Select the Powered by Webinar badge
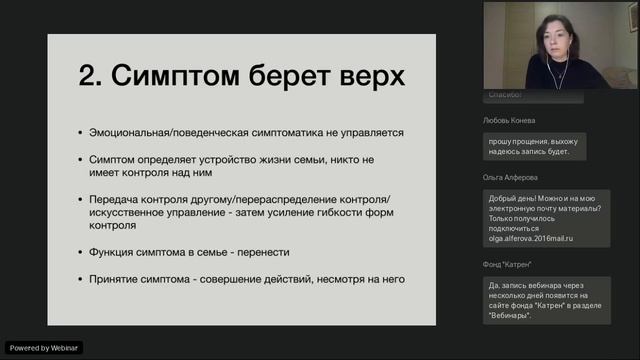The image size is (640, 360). (x=44, y=347)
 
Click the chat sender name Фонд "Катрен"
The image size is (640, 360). (x=507, y=264)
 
